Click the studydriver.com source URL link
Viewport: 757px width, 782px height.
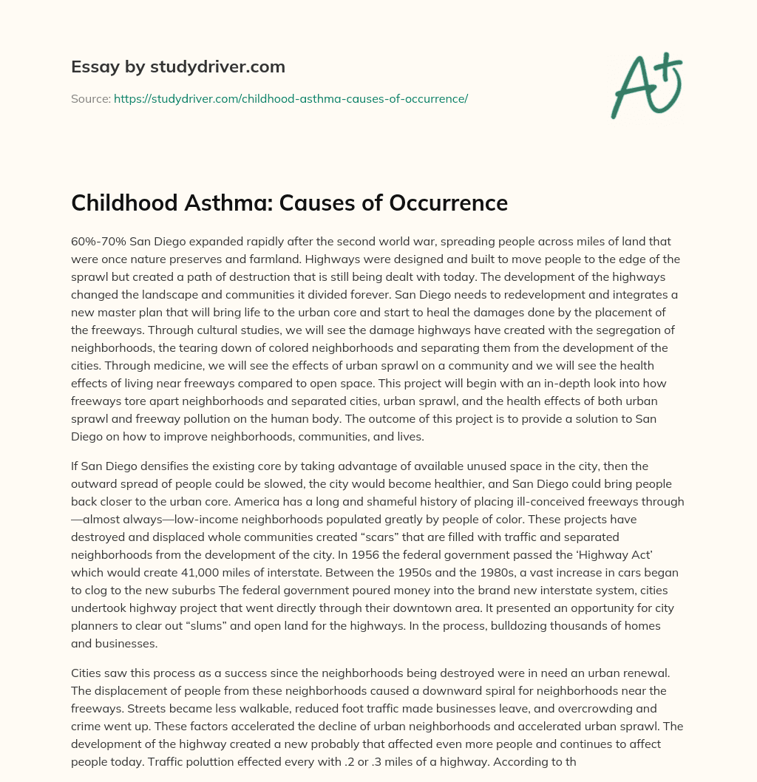[x=291, y=98]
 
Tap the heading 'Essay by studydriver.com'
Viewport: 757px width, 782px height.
[x=178, y=67]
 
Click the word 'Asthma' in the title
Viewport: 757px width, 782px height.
[x=237, y=203]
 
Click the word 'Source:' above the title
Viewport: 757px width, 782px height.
[x=90, y=98]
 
